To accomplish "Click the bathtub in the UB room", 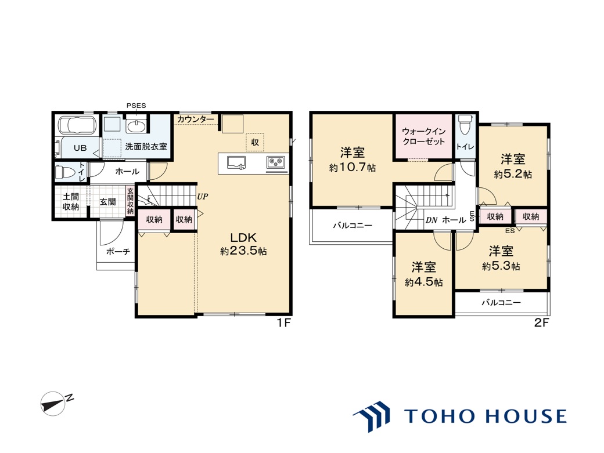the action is (75, 125).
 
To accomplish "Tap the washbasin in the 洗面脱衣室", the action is (136, 126).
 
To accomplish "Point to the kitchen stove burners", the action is (276, 162).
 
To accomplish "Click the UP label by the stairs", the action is (203, 197).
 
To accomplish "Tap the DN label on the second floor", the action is (432, 220).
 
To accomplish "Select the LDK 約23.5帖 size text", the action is (243, 251).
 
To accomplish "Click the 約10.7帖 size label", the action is (353, 168).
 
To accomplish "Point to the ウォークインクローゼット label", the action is (424, 136).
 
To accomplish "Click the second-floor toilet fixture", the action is (465, 124).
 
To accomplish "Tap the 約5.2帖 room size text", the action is (513, 174).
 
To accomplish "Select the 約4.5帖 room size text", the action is (424, 282).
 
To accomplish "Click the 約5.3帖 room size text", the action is (501, 266).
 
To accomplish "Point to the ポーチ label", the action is (118, 252).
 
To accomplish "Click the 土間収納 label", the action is (71, 201).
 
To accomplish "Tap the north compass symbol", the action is (54, 403).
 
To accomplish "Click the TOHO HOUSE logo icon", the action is (371, 416).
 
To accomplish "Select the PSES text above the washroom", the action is (136, 106).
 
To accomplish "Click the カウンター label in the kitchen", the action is (196, 119).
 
